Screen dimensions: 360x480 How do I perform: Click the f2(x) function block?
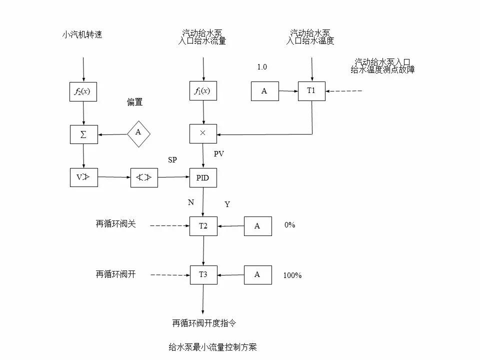pos(83,91)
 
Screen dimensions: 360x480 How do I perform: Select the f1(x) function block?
pos(203,91)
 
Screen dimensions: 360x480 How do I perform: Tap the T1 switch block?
pos(311,91)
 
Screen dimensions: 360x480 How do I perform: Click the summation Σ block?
pos(83,134)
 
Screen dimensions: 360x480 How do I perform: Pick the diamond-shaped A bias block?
pos(138,132)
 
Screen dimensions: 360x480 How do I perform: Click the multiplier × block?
pos(203,134)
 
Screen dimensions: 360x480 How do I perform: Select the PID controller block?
pos(203,177)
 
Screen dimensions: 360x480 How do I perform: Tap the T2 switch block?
pos(203,226)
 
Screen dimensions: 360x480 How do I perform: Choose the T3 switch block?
pos(203,274)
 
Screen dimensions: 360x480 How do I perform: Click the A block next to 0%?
pos(257,226)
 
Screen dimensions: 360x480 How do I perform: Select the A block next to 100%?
pos(257,274)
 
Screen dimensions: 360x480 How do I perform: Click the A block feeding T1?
pos(264,91)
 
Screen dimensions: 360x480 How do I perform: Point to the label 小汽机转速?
pos(82,34)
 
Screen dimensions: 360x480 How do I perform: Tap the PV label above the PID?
pos(218,154)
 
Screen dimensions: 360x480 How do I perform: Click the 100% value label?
pos(292,275)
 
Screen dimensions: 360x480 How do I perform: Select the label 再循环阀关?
pos(115,224)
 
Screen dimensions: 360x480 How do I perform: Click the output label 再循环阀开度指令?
pos(204,323)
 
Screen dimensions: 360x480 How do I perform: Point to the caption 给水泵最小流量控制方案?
pos(212,347)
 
